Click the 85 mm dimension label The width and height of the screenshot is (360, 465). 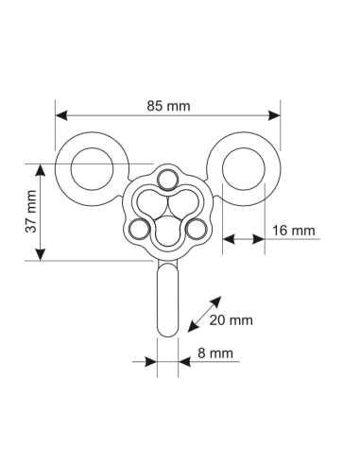coord(169,106)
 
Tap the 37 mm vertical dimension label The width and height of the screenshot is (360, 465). coord(31,212)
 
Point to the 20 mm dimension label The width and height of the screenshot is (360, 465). coord(231,320)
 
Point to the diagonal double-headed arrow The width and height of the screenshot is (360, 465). coord(205,313)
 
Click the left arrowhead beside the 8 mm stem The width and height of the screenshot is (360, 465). coord(151,359)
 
